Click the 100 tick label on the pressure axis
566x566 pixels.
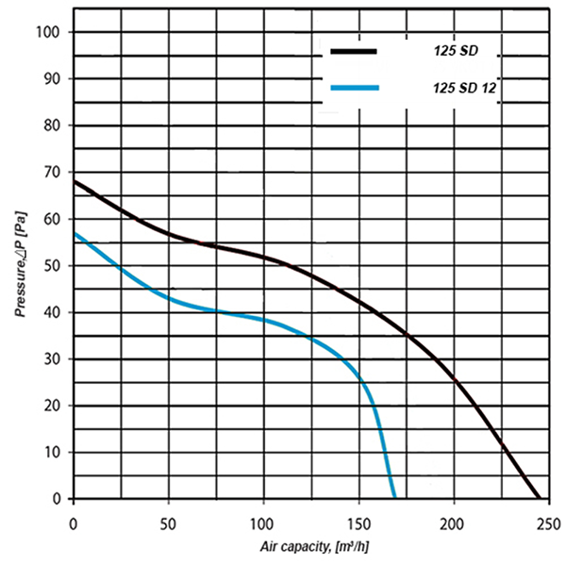(47, 32)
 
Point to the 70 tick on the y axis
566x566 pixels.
(50, 173)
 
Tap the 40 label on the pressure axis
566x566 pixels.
(50, 312)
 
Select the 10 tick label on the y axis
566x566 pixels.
(51, 453)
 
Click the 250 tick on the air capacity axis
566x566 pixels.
(549, 522)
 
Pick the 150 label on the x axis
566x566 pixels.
(358, 522)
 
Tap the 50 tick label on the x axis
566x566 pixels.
(168, 522)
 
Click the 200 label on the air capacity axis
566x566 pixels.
(454, 522)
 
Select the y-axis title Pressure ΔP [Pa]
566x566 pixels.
(20, 267)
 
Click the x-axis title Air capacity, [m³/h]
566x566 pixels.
(310, 546)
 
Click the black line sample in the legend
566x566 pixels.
(354, 51)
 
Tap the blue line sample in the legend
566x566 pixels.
(356, 89)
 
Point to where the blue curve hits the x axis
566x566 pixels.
(394, 498)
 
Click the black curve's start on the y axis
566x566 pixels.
(74, 180)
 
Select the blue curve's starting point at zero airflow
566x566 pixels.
(74, 233)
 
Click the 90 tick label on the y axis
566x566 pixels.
(50, 79)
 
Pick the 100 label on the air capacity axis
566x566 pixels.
(263, 522)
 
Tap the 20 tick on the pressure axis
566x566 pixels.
(50, 406)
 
